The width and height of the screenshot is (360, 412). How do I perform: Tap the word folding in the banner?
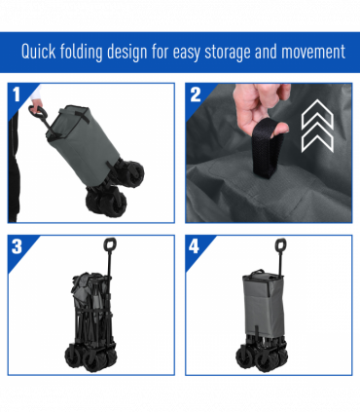point(82,53)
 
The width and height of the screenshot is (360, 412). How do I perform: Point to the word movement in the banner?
point(313,53)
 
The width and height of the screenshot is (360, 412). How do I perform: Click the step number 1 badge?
point(17,94)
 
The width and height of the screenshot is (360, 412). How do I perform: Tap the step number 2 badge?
point(196,94)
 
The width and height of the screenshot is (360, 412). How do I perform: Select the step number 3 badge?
point(17,246)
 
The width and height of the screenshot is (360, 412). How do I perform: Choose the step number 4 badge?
point(194,246)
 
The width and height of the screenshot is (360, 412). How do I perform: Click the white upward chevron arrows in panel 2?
point(317,126)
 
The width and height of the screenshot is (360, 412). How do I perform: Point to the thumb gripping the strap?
point(279,128)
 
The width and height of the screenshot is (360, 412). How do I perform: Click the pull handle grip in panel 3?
point(110,244)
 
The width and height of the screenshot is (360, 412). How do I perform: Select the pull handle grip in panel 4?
point(280,244)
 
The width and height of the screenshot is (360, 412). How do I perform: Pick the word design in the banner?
point(126,53)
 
